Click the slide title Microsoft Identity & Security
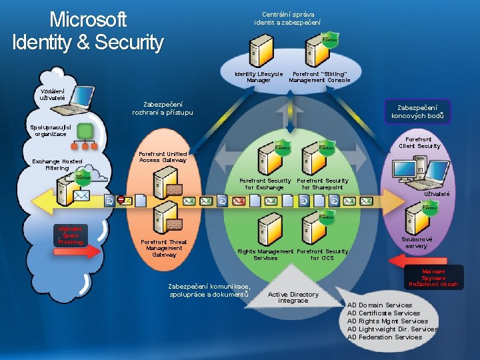coord(87,31)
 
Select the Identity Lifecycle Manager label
coord(259,77)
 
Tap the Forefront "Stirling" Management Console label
coord(319,77)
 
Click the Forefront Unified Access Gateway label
coord(163,157)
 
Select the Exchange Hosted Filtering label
coord(57,165)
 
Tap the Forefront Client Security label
coord(419,143)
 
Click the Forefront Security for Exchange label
coord(265,184)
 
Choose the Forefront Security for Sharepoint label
coord(322,184)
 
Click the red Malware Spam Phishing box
coord(70,235)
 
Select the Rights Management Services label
coord(265,255)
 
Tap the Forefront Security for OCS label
coord(322,255)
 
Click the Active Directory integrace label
coord(293,297)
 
